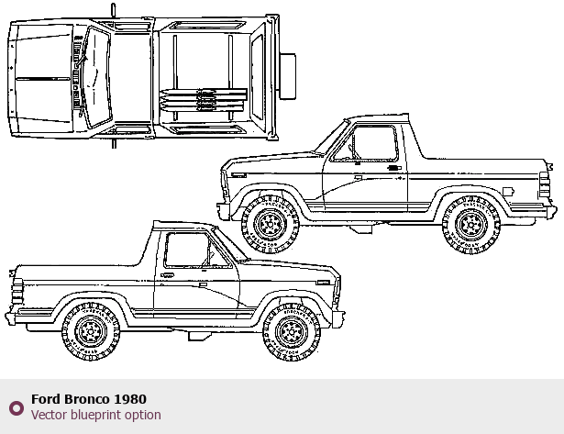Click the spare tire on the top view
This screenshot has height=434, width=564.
(x=287, y=76)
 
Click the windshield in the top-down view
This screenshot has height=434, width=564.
(x=97, y=78)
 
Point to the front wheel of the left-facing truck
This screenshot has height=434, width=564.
(x=271, y=225)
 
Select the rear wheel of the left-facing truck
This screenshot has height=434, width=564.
(x=471, y=225)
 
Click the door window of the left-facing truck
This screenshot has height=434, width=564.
(x=365, y=143)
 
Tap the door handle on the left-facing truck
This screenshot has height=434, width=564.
(x=394, y=168)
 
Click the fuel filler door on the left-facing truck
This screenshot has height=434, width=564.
(x=508, y=192)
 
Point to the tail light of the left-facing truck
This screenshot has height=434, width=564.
(x=545, y=185)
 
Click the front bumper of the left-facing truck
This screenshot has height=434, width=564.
(x=223, y=209)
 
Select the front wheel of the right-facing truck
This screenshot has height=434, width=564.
(x=292, y=332)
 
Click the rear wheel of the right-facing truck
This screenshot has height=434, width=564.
(x=91, y=332)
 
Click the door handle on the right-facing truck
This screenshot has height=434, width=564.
(x=167, y=275)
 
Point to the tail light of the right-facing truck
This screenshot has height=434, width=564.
(x=17, y=292)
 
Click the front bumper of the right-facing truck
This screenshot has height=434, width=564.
(x=338, y=318)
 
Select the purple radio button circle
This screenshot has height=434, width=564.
(x=17, y=408)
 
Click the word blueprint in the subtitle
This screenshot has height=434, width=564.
(x=92, y=415)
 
